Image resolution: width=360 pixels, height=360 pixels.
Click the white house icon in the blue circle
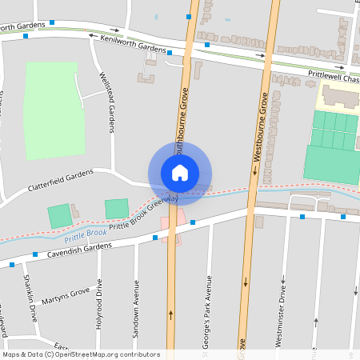[x=180, y=172]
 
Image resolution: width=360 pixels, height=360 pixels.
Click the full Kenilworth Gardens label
[x=133, y=48]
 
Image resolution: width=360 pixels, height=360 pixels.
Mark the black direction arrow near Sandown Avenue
[x=170, y=314]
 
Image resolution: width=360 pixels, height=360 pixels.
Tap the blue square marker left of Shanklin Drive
[x=13, y=263]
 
